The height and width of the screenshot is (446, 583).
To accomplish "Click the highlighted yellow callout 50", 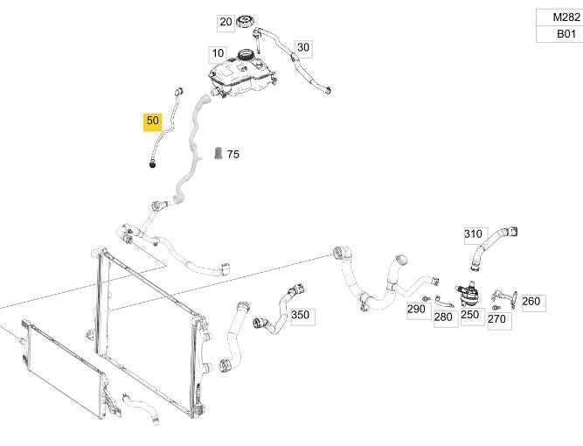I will click(153, 121).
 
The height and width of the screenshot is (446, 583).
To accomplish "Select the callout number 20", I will click(226, 22).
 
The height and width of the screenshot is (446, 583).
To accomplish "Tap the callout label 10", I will click(218, 53).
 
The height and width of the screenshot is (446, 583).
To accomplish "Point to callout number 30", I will click(302, 47).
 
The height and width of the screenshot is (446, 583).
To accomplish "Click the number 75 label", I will click(233, 155).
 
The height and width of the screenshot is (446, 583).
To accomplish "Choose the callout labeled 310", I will click(473, 234).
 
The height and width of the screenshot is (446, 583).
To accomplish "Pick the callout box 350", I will click(300, 315).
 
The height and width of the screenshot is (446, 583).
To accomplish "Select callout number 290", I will click(416, 309).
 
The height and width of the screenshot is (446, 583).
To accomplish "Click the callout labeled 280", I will click(443, 317).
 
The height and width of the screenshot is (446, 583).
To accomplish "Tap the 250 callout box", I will click(470, 313).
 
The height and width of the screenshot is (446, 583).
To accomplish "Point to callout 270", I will click(496, 319).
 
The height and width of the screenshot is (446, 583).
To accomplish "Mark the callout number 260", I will click(531, 302).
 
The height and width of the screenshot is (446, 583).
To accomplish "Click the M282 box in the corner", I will click(559, 17).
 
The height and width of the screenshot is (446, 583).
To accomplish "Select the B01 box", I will click(559, 35).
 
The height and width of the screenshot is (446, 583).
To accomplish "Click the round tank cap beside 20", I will click(247, 21).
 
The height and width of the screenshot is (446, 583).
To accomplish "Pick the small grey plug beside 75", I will click(218, 155).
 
